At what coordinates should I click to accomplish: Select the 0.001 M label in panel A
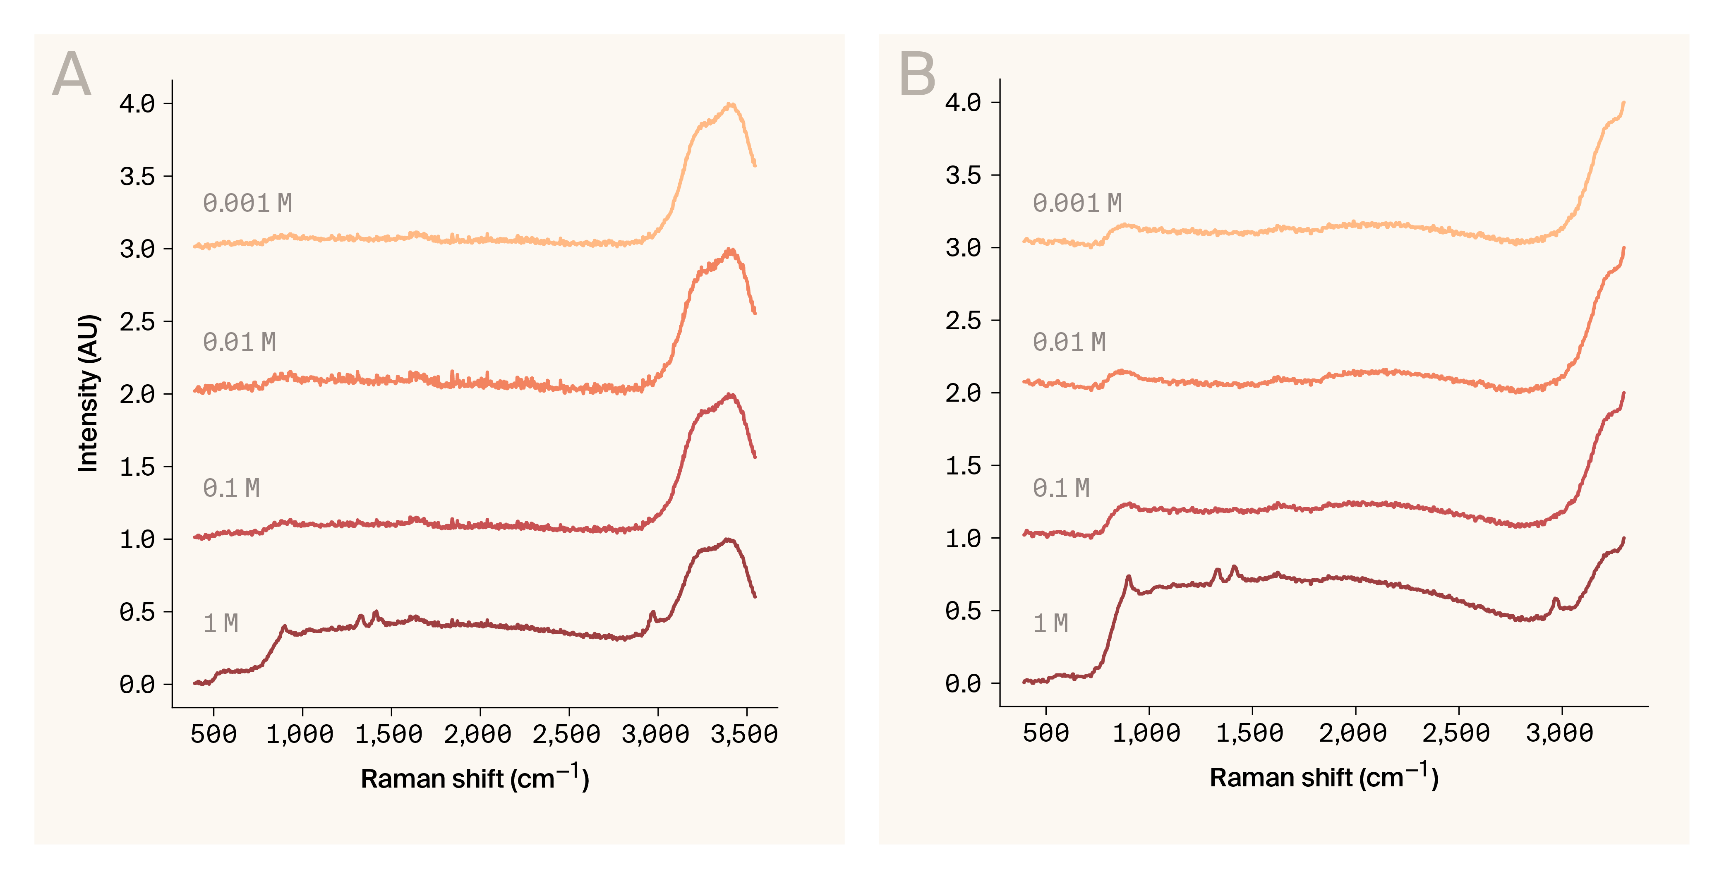coord(247,203)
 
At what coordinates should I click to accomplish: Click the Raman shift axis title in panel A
coord(475,778)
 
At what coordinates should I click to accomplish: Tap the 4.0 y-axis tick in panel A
coord(137,104)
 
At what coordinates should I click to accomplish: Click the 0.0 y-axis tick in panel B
coord(963,683)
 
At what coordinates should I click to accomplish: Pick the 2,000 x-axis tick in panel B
coord(1353,733)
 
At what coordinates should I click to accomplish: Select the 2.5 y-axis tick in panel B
coord(963,321)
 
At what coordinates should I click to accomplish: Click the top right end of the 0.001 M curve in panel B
coord(1623,103)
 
